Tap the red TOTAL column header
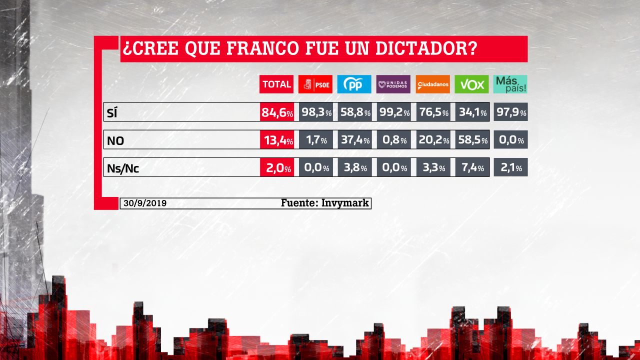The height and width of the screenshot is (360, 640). point(276,84)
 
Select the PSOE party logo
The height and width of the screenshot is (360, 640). point(315,84)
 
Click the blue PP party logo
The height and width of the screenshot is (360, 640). point(354,84)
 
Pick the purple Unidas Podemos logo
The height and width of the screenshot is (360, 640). point(393,84)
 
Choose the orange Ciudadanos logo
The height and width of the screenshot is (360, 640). point(433,84)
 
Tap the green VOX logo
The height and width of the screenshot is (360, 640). point(472,84)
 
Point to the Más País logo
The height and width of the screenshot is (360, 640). point(510,84)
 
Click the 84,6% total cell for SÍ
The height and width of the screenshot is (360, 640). point(276,112)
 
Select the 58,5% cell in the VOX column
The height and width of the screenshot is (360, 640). point(472,140)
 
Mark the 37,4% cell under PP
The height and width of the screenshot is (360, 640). point(354,140)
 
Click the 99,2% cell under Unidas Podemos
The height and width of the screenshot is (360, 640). point(393,112)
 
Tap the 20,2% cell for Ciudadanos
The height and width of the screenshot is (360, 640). point(433,140)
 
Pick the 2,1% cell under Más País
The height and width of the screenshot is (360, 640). point(510,167)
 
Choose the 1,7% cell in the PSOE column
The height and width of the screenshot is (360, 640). point(315,140)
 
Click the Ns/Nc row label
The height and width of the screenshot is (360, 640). point(123,168)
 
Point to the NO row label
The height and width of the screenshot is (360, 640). point(115,141)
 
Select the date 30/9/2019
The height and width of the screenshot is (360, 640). point(144,203)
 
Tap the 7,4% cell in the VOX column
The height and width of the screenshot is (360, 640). point(472,167)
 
